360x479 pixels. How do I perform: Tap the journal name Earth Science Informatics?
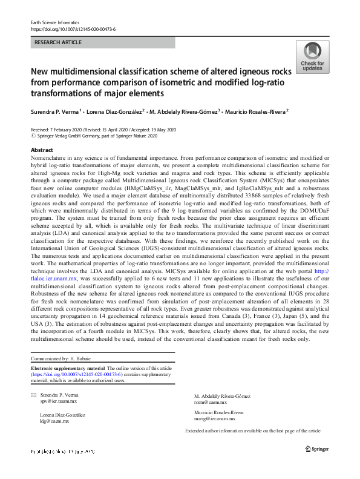[53, 22]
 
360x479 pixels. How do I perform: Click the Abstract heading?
[41, 150]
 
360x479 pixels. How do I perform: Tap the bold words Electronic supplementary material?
[68, 368]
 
